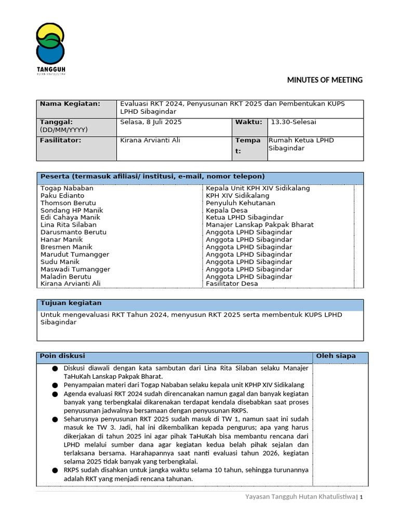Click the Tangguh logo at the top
click(x=50, y=49)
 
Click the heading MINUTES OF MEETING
click(x=325, y=80)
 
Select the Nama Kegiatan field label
click(x=70, y=104)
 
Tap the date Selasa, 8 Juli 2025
click(x=151, y=122)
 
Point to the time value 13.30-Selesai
click(x=293, y=122)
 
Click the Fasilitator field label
click(x=61, y=140)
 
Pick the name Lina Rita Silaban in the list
click(x=69, y=225)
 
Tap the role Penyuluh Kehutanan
click(x=241, y=203)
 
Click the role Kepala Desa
click(x=227, y=210)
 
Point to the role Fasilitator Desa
click(x=232, y=284)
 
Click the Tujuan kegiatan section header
click(x=71, y=303)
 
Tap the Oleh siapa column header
click(x=336, y=356)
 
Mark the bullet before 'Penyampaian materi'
click(x=55, y=385)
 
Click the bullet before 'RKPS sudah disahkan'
click(x=55, y=470)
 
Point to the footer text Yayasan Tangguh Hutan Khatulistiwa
click(x=300, y=497)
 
